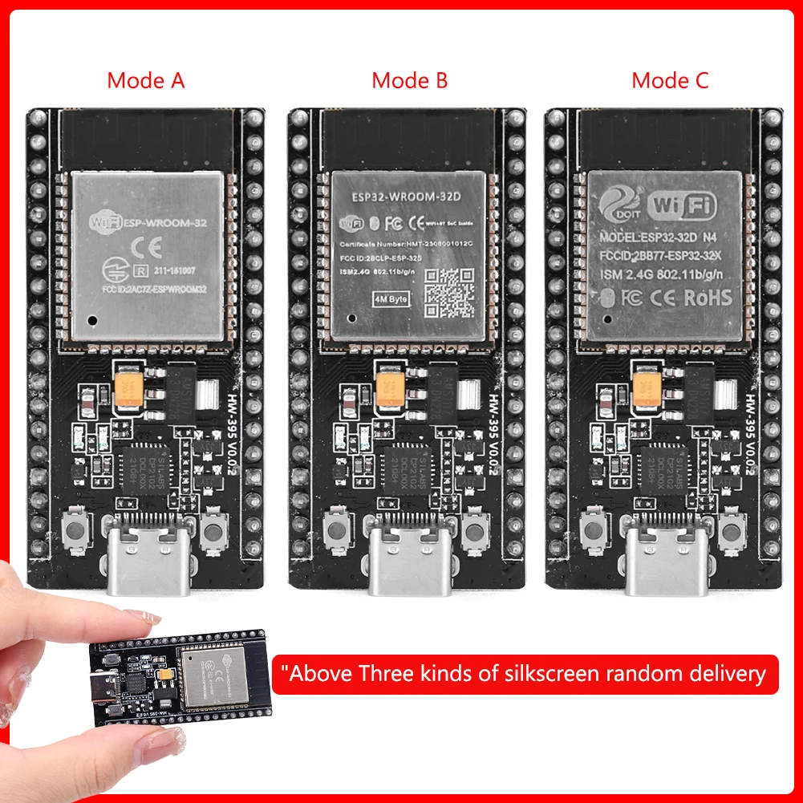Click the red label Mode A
click(x=146, y=80)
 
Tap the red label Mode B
click(x=409, y=80)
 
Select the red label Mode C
click(x=670, y=80)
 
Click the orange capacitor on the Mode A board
click(x=129, y=388)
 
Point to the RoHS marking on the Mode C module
click(x=707, y=297)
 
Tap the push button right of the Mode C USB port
click(x=731, y=532)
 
